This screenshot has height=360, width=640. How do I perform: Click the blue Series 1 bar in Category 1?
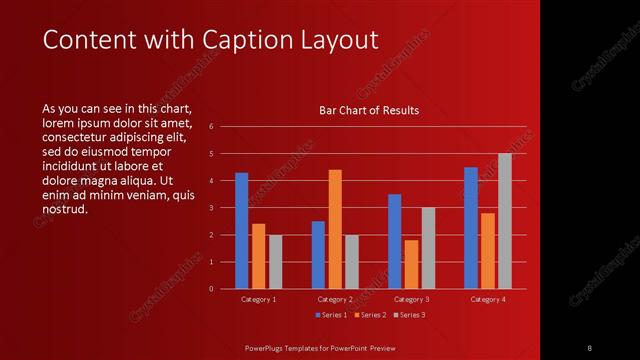(241, 231)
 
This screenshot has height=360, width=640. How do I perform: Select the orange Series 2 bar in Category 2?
(335, 229)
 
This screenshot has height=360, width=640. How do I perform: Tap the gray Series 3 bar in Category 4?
(505, 221)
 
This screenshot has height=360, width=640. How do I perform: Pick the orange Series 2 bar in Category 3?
(411, 264)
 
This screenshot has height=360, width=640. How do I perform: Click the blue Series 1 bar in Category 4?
(471, 228)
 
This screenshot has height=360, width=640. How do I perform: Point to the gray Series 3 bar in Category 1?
(275, 262)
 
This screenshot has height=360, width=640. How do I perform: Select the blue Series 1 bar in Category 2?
(318, 255)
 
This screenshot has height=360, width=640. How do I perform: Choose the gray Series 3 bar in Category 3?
(428, 248)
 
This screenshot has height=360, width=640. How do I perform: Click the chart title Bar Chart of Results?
(369, 110)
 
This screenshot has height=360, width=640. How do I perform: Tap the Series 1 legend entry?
(333, 315)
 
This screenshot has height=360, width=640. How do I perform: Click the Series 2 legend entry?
(371, 315)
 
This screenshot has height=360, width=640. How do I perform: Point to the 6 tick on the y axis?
(211, 127)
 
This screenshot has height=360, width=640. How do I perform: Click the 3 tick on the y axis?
(211, 208)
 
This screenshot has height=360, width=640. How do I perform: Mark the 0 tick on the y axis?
(211, 289)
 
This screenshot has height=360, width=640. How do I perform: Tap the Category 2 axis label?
(335, 299)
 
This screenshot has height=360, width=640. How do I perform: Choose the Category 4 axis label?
(488, 299)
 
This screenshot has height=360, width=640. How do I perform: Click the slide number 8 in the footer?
(589, 347)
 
